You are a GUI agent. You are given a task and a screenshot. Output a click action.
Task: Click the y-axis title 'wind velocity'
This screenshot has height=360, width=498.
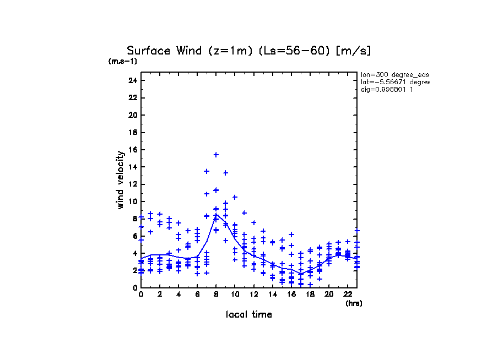pyautogui.click(x=120, y=180)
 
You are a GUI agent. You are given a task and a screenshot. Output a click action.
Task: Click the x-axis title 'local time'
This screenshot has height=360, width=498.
pyautogui.click(x=249, y=314)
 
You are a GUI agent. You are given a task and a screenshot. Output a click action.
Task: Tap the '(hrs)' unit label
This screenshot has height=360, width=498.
pyautogui.click(x=354, y=303)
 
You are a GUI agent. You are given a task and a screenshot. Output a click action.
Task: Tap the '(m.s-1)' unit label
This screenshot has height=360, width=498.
pyautogui.click(x=123, y=62)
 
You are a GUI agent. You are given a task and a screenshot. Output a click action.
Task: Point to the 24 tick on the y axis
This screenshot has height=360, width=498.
pyautogui.click(x=132, y=80)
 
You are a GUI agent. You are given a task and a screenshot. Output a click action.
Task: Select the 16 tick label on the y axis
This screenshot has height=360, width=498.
pyautogui.click(x=132, y=150)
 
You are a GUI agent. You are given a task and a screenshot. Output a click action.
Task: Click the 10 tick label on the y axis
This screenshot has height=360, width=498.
pyautogui.click(x=132, y=201)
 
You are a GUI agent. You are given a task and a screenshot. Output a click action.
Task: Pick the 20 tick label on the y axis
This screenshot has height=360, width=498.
pyautogui.click(x=132, y=115)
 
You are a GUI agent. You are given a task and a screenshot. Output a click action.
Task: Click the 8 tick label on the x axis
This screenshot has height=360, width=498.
pyautogui.click(x=216, y=294)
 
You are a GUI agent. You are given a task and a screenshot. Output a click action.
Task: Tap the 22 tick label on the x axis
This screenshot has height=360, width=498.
pyautogui.click(x=348, y=294)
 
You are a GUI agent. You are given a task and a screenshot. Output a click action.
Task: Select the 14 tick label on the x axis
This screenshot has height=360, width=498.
pyautogui.click(x=272, y=294)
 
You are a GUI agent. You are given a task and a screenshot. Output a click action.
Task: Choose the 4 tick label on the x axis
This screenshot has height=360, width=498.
pyautogui.click(x=178, y=294)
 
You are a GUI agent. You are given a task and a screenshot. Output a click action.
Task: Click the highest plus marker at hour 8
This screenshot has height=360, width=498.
pyautogui.click(x=216, y=155)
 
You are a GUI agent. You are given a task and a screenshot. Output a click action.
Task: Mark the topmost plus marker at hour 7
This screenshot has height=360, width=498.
pyautogui.click(x=207, y=171)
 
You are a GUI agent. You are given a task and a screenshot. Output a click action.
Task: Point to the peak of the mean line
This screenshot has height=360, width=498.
pyautogui.click(x=216, y=214)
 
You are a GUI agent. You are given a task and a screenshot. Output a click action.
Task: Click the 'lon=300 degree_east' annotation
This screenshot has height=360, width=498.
pyautogui.click(x=394, y=74)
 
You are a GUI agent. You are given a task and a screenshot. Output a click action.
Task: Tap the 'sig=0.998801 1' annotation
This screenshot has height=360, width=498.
pyautogui.click(x=387, y=90)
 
